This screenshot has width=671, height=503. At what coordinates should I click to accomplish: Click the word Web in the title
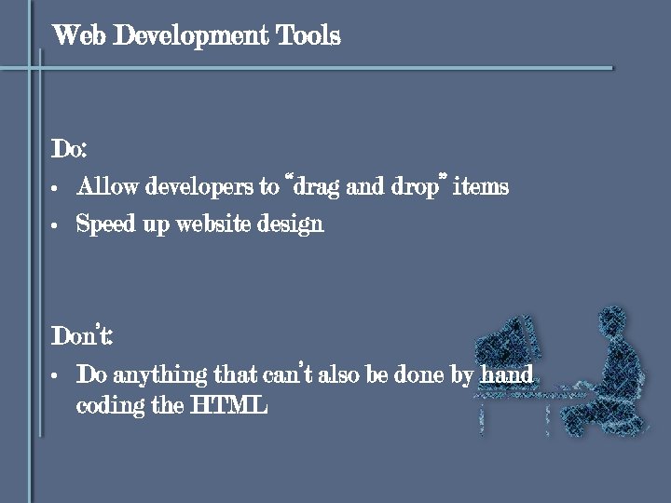click(x=74, y=36)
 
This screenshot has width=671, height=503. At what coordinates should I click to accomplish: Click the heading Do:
click(x=69, y=149)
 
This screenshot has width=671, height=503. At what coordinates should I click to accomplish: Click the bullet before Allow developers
click(x=56, y=188)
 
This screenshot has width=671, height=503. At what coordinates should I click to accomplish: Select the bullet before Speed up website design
click(x=56, y=225)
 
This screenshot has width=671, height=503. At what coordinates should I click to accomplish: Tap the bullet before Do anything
click(x=56, y=376)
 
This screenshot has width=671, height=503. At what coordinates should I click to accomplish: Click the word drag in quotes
click(x=317, y=187)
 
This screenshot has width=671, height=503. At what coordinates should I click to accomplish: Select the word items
click(x=480, y=187)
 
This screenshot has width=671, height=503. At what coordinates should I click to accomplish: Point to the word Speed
click(x=104, y=224)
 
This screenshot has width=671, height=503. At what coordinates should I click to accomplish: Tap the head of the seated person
click(x=611, y=320)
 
